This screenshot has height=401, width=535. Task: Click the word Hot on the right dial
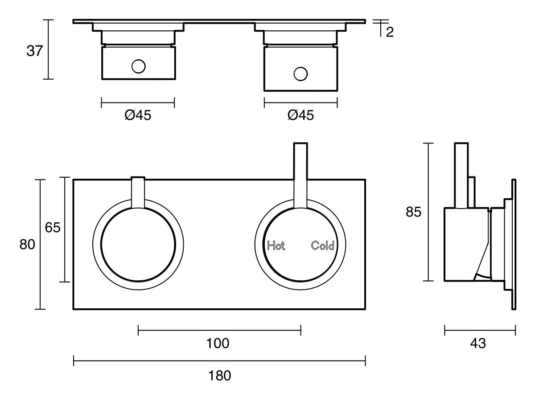pyautogui.click(x=276, y=246)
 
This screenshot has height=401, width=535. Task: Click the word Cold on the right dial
pyautogui.click(x=323, y=246)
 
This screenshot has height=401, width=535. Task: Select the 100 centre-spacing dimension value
pyautogui.click(x=218, y=344)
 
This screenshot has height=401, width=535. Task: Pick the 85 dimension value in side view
pyautogui.click(x=413, y=213)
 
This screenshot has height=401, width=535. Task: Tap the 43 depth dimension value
pyautogui.click(x=478, y=344)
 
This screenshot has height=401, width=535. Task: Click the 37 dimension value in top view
pyautogui.click(x=34, y=51)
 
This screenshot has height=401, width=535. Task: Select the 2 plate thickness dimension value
pyautogui.click(x=390, y=33)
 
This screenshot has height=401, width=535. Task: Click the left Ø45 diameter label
pyautogui.click(x=138, y=115)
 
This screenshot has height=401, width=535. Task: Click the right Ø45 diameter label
pyautogui.click(x=300, y=115)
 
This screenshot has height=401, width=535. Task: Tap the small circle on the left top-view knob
pyautogui.click(x=138, y=66)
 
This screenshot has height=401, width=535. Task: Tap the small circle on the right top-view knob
pyautogui.click(x=301, y=74)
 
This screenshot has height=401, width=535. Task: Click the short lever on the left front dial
pyautogui.click(x=138, y=192)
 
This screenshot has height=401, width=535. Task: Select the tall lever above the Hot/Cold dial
pyautogui.click(x=300, y=174)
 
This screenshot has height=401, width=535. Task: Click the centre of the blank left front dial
pyautogui.click(x=138, y=245)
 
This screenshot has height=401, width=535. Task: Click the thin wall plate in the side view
pyautogui.click(x=514, y=244)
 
